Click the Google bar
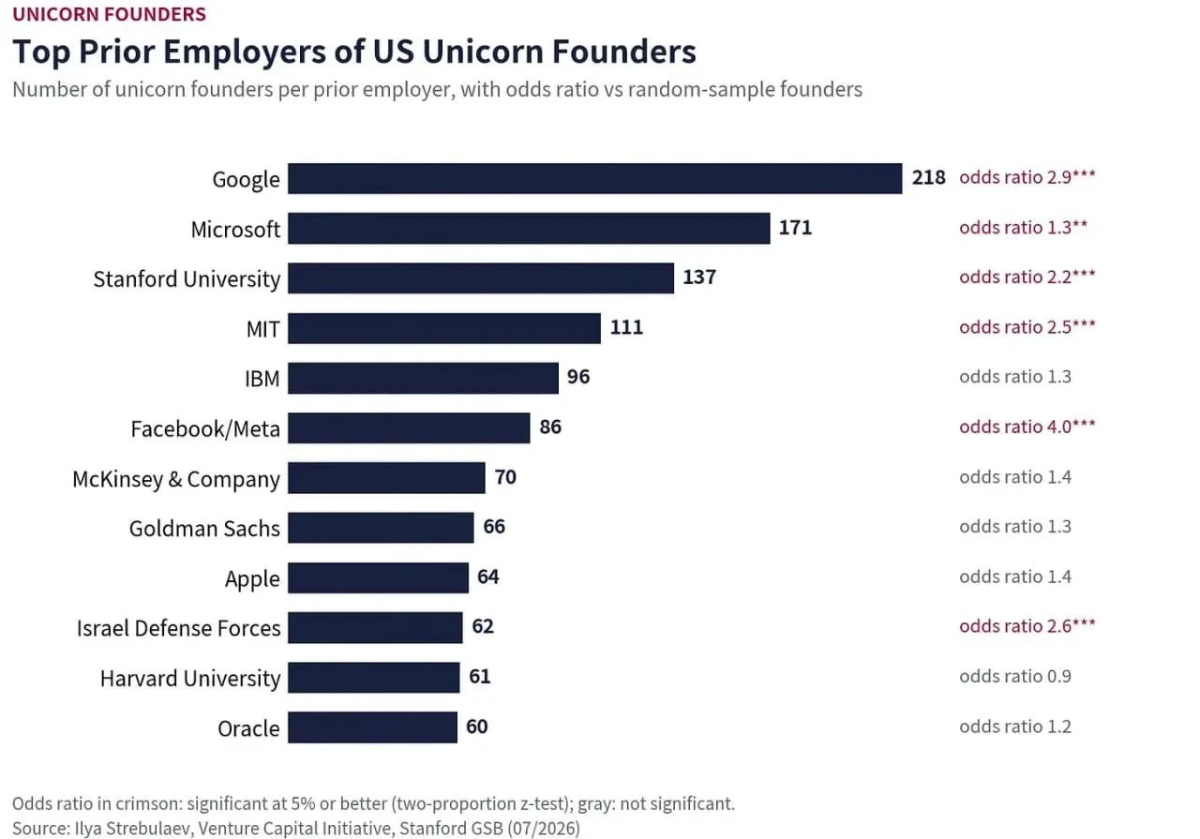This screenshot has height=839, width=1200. click(594, 178)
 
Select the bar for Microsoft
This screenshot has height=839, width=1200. click(529, 228)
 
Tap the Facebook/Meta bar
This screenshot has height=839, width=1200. click(409, 428)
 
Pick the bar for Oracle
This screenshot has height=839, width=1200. click(372, 727)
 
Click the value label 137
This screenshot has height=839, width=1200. click(699, 277)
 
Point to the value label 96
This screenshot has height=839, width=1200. click(578, 377)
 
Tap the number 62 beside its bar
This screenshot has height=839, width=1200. click(483, 626)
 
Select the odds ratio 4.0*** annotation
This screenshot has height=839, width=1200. click(1027, 427)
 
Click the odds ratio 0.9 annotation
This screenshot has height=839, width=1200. click(1015, 676)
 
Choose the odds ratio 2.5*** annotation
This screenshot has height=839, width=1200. click(1027, 327)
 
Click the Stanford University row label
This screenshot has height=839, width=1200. click(187, 279)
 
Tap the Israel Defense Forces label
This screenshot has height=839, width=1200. click(178, 628)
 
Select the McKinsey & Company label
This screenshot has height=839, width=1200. click(175, 479)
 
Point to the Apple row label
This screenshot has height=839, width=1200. click(252, 579)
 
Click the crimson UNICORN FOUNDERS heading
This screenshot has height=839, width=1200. click(110, 14)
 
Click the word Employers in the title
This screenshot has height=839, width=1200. click(245, 52)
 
